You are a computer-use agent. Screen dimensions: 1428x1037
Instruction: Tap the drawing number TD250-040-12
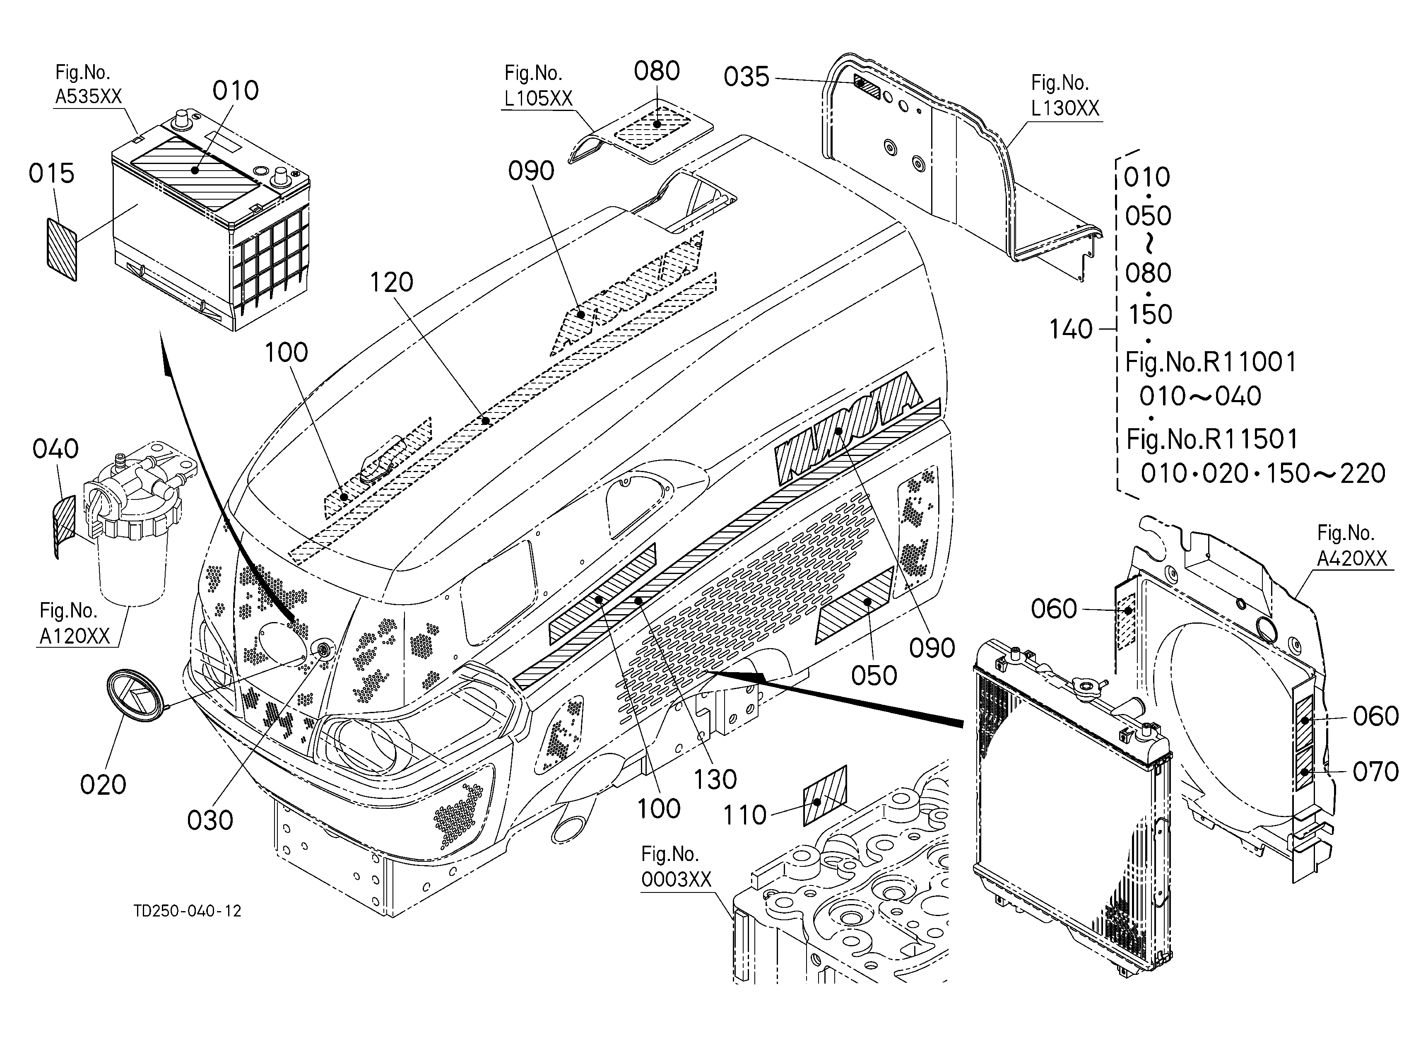pyautogui.click(x=188, y=911)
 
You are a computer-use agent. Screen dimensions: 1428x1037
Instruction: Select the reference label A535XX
pyautogui.click(x=89, y=96)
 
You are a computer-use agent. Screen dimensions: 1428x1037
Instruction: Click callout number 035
pyautogui.click(x=747, y=77)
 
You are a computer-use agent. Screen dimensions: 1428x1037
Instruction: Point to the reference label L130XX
pyautogui.click(x=1065, y=108)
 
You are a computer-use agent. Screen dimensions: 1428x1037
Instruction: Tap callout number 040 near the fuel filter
pyautogui.click(x=56, y=449)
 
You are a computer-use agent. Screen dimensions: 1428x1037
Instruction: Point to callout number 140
pyautogui.click(x=1071, y=329)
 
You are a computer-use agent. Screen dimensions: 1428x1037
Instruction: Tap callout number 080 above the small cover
pyautogui.click(x=657, y=71)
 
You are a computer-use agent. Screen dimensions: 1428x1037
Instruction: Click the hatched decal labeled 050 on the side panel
pyautogui.click(x=855, y=605)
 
